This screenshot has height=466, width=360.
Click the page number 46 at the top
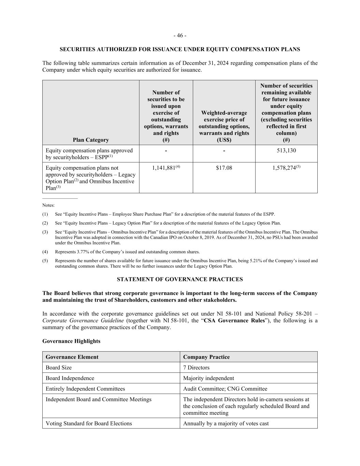(x=180, y=36)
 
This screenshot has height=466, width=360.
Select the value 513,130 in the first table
(x=286, y=151)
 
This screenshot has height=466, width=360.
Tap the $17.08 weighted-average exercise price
(x=224, y=168)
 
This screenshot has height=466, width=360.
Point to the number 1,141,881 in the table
(x=164, y=168)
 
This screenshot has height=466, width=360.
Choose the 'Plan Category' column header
(x=91, y=140)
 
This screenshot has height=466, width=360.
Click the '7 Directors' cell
(x=196, y=368)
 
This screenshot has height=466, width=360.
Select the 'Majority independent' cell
(x=208, y=378)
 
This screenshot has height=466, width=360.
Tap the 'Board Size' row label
(x=59, y=368)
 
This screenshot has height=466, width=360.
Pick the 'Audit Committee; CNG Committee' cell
(x=225, y=389)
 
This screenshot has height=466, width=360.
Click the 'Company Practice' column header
(x=206, y=357)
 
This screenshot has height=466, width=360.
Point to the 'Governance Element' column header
(x=72, y=357)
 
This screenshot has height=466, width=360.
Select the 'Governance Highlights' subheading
(x=71, y=341)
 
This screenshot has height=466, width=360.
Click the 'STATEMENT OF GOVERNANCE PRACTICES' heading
(x=180, y=279)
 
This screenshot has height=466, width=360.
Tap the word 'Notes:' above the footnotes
(x=48, y=206)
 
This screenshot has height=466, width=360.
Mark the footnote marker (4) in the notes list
(x=45, y=252)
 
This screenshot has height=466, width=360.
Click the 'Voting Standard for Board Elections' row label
(x=89, y=424)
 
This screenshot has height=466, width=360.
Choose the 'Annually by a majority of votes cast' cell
(x=226, y=424)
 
